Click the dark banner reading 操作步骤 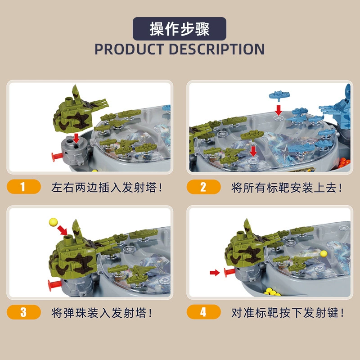[179, 29]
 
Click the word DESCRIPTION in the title [216, 49]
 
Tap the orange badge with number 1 [24, 187]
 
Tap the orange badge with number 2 [204, 187]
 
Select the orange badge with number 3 [24, 312]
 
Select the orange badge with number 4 [204, 312]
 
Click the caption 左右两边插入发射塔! [107, 187]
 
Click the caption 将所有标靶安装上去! [287, 188]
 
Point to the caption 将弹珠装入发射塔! [102, 313]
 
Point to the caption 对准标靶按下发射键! [288, 313]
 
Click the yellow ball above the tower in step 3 [53, 222]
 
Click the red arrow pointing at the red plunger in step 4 [215, 273]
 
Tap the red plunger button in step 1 [57, 157]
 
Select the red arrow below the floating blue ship [279, 110]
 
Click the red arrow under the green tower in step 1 [76, 138]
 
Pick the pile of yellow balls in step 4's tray [273, 292]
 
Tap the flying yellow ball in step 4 [324, 254]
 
